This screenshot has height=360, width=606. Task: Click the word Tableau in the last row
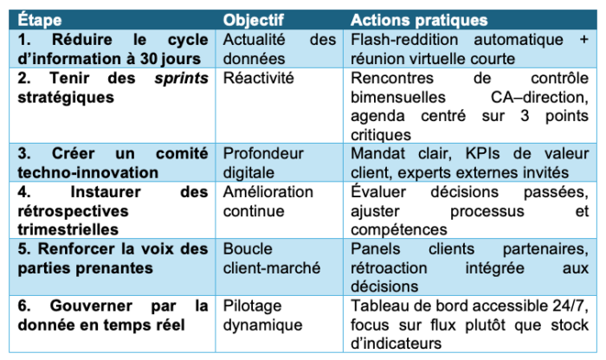point(381,306)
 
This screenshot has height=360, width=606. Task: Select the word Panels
point(377,249)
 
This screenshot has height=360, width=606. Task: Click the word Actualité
point(256,41)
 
